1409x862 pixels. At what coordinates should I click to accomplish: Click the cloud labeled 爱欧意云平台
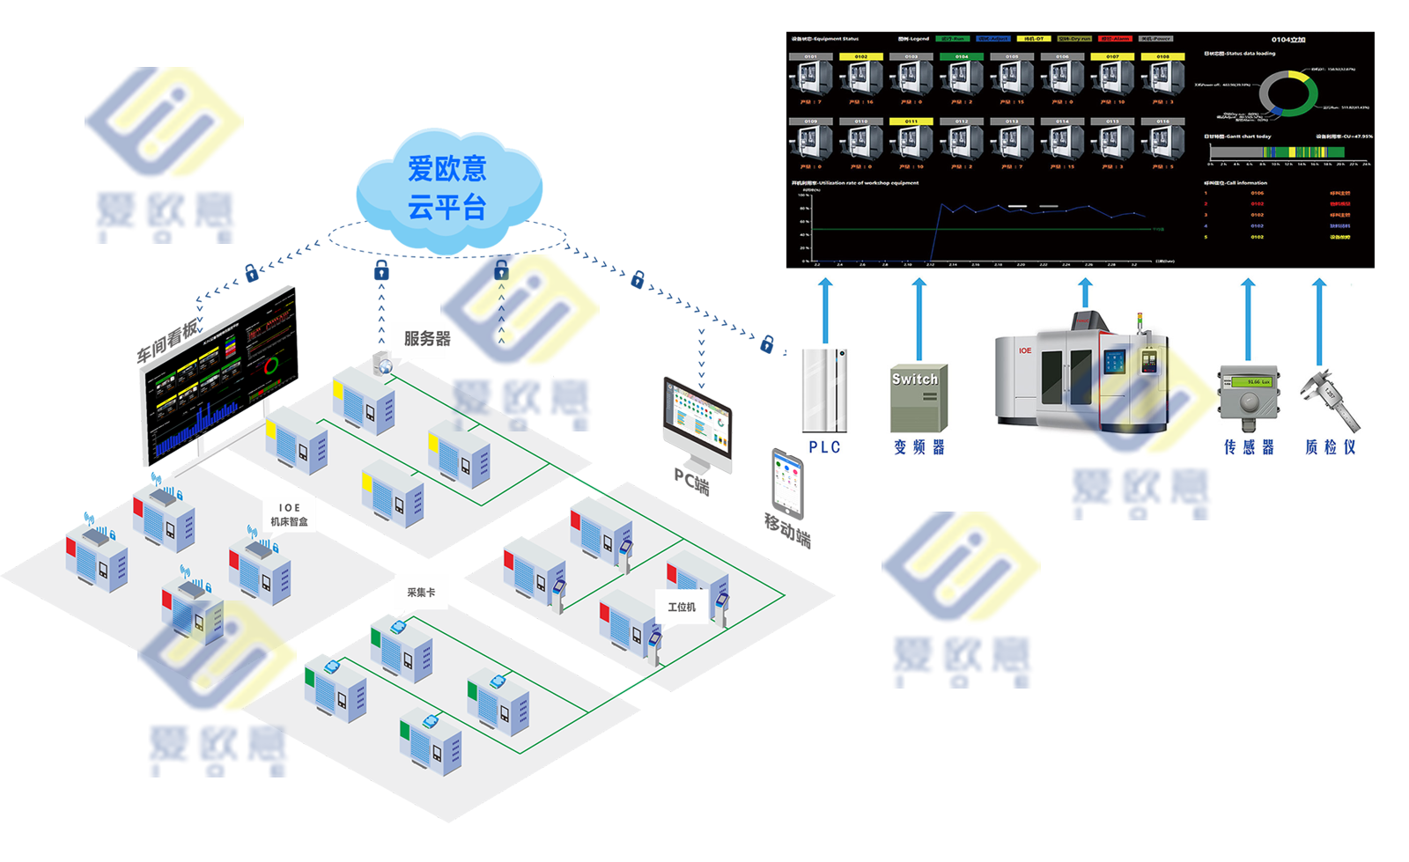(447, 188)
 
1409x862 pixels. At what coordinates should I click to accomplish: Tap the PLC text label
(825, 447)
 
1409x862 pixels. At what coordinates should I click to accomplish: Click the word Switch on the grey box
(915, 379)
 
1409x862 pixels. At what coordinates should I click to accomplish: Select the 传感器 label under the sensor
(1249, 447)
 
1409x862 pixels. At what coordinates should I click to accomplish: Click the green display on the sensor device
(1252, 381)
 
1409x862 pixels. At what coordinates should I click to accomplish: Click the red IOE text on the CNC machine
(1025, 350)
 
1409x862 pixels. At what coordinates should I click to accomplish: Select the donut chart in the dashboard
(1287, 93)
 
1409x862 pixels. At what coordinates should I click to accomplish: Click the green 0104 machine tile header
(962, 56)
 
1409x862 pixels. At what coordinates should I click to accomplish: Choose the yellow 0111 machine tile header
(911, 122)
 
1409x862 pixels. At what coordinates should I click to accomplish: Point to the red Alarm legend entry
(1115, 39)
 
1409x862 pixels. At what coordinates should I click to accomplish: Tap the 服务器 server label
(427, 338)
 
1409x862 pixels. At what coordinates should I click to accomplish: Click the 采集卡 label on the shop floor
(421, 593)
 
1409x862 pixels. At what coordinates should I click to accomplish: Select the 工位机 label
(681, 608)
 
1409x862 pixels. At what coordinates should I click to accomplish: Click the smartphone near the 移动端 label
(788, 483)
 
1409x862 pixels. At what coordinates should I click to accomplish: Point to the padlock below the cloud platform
(381, 269)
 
